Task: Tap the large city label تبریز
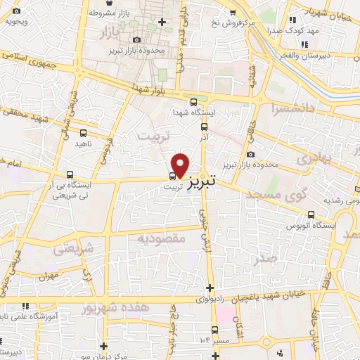pyautogui.click(x=216, y=181)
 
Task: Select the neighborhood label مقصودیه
pyautogui.click(x=160, y=238)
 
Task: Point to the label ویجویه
pyautogui.click(x=15, y=20)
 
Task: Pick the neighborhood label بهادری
pyautogui.click(x=312, y=159)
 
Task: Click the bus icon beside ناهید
pyautogui.click(x=84, y=132)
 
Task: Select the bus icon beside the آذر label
pyautogui.click(x=205, y=127)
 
